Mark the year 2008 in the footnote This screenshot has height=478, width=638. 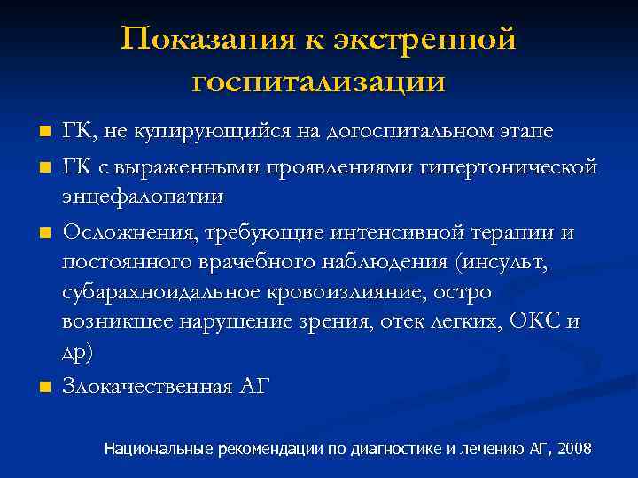tap(575, 449)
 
